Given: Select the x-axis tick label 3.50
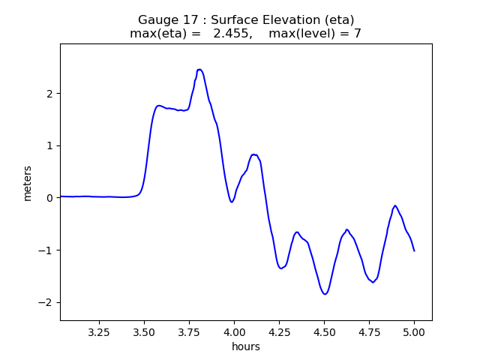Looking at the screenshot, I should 144,331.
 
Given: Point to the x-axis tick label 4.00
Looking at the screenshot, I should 234,331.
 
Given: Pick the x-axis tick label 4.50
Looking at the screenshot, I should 324,331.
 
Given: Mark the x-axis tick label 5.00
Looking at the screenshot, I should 414,331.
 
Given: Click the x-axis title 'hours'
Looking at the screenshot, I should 246,346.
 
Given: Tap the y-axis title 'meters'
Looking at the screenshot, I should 28,182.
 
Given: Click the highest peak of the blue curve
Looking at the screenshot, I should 199,70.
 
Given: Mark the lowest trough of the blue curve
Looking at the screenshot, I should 325,294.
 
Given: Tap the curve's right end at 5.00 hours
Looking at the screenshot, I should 414,250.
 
